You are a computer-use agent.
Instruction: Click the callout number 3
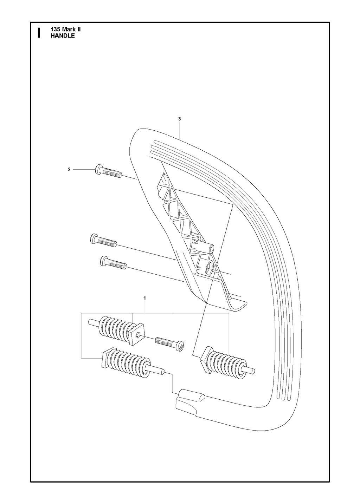pos(179,119)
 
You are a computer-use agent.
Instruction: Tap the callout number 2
pos(69,169)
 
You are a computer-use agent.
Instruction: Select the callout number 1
pos(144,298)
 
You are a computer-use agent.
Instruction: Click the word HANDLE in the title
pos(63,35)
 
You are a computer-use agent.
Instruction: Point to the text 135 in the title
pos(55,29)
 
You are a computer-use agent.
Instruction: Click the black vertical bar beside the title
pos(39,33)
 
